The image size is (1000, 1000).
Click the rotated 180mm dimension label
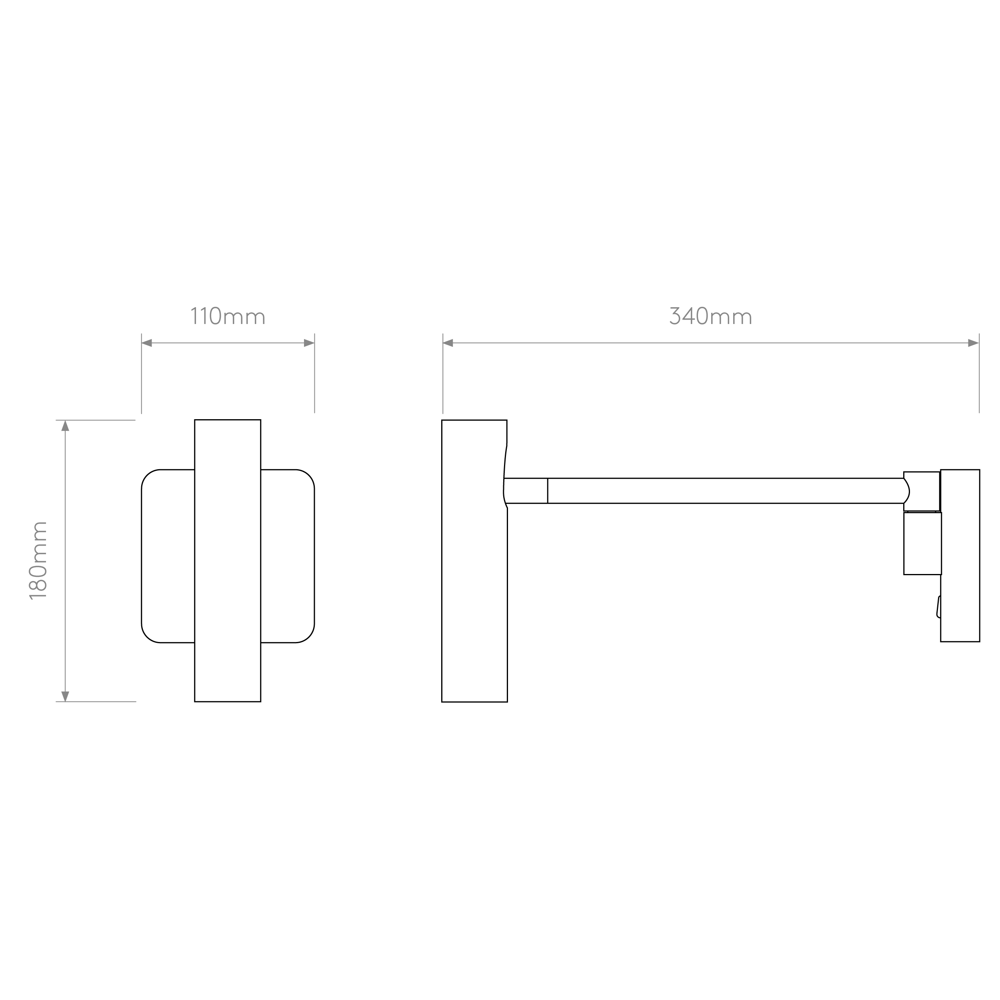38,560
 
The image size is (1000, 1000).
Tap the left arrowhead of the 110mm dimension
147,343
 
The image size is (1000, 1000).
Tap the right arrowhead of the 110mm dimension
309,343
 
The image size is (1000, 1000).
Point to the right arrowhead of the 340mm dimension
973,343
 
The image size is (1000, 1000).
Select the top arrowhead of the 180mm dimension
65,426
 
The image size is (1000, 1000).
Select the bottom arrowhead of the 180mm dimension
65,696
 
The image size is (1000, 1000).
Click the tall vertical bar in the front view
228,560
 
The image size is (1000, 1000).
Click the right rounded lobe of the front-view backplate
288,556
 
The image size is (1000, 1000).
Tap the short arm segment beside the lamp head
526,491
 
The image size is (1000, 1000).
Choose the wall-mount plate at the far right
960,555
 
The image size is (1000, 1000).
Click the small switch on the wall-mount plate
938,607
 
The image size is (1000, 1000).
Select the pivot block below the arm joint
922,544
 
